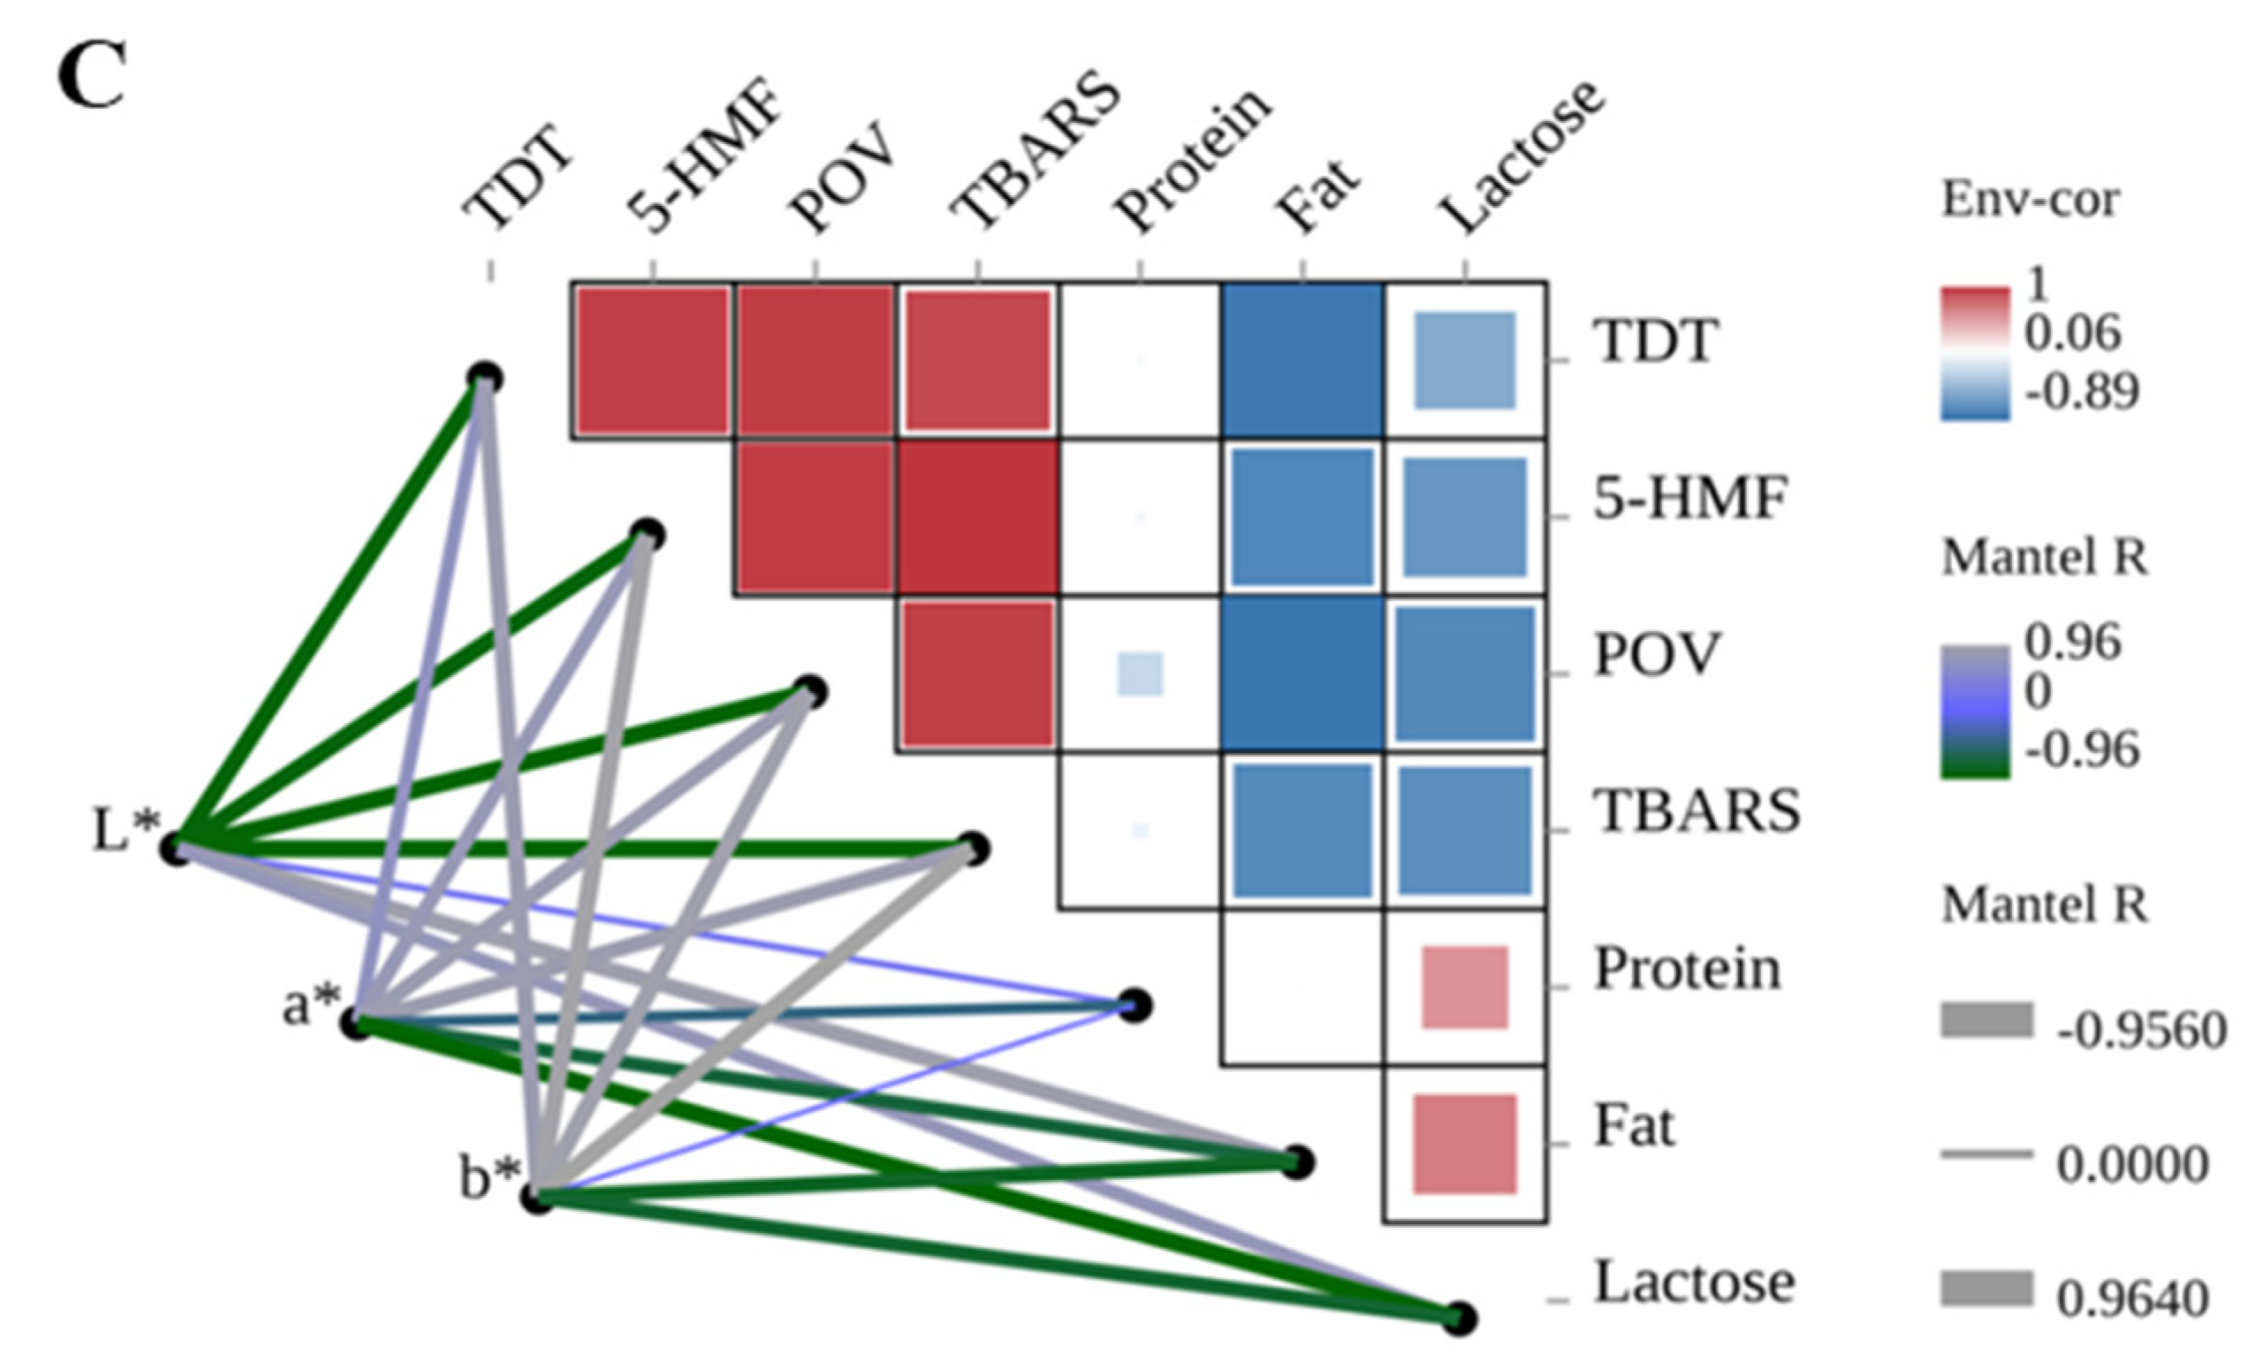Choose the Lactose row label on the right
tap(1695, 1282)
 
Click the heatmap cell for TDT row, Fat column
tap(1301, 361)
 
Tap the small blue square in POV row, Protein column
tap(1140, 674)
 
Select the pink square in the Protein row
tap(1465, 988)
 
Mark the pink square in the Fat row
tap(1465, 1145)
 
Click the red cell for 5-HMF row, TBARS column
tap(978, 517)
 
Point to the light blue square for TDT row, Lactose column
tap(1465, 361)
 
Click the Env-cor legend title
tap(2030, 200)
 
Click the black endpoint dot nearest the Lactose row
tap(1460, 1319)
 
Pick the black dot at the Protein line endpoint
tap(1134, 1006)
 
